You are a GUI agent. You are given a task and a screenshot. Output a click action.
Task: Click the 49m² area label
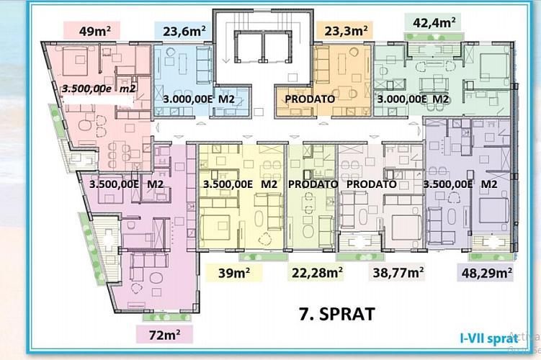tap(95, 31)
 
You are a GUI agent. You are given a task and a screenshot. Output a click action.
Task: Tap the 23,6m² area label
tap(184, 32)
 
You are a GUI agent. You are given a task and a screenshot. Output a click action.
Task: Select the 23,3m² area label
tap(346, 31)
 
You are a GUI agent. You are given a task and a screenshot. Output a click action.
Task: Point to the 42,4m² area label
tap(434, 23)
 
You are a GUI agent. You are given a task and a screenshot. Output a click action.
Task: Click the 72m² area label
tap(164, 335)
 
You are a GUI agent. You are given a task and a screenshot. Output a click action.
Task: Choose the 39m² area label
tap(234, 273)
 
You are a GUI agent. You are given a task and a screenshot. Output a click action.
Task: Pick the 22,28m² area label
tap(317, 272)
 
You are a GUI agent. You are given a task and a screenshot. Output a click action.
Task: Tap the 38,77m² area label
tap(398, 273)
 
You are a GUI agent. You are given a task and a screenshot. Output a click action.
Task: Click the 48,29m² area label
tap(486, 273)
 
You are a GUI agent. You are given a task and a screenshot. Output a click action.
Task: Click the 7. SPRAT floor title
tap(337, 314)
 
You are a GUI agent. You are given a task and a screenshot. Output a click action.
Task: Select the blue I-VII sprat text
tap(489, 338)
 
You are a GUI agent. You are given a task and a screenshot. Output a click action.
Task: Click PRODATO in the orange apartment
tap(310, 99)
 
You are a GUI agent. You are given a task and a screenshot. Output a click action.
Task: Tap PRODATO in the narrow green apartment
tap(313, 184)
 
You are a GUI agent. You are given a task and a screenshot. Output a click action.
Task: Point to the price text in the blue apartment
tap(199, 99)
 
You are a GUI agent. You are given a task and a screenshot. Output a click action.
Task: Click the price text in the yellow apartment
tap(240, 184)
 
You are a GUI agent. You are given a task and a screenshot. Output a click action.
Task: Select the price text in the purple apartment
tap(460, 184)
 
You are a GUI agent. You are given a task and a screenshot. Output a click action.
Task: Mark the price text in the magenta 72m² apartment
tap(126, 184)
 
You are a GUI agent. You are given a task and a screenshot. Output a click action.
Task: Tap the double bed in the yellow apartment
tap(215, 228)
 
